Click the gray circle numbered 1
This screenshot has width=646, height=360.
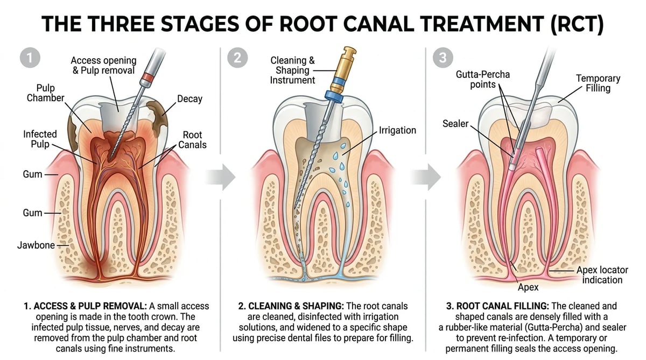coord(30,58)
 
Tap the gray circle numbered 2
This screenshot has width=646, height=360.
coord(237,58)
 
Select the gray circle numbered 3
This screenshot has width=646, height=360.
coord(443,58)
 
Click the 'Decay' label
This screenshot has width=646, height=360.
coord(189,99)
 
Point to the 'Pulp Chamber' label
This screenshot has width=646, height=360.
coord(46,93)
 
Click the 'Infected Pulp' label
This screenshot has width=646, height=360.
coord(40,139)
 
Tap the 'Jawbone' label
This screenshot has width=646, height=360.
coord(36,245)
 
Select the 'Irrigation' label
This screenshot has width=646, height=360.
coord(397,130)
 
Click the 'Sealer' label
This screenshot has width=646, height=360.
coord(455,124)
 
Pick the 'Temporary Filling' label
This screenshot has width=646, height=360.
coord(598,83)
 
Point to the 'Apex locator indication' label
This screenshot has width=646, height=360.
coord(602,275)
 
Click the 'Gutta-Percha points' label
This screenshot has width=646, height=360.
coord(483,79)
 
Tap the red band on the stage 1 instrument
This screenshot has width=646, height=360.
coord(148,77)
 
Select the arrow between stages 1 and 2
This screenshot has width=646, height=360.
coord(221,177)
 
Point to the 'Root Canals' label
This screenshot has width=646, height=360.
coord(192,140)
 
